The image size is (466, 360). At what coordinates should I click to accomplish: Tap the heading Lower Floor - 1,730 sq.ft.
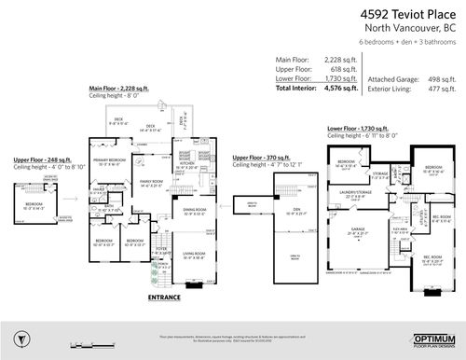point(361,128)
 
